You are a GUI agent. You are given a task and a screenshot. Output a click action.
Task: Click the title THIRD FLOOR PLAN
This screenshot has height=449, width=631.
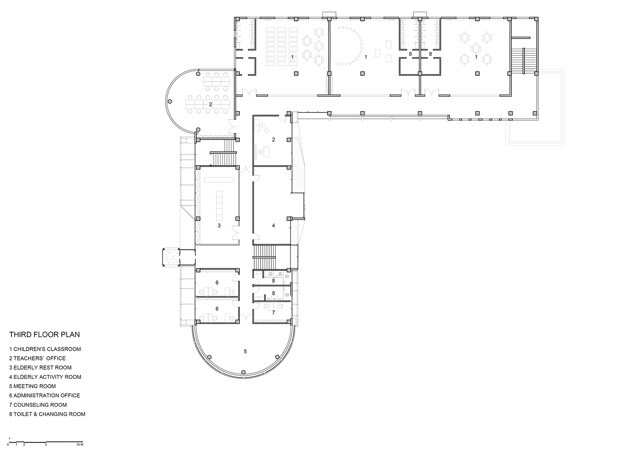pos(44,335)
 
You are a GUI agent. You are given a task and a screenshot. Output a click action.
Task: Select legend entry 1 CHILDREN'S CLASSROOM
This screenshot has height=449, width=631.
pos(45,349)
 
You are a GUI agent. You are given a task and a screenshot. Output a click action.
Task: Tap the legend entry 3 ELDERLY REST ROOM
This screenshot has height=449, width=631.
pos(40,368)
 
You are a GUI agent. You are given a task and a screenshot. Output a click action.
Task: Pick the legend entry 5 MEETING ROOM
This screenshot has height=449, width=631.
pos(33,386)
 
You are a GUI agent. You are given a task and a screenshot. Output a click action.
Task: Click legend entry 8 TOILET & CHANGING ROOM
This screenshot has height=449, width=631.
pos(48,414)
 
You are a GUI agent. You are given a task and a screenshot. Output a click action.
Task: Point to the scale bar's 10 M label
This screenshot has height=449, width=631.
pos(79,444)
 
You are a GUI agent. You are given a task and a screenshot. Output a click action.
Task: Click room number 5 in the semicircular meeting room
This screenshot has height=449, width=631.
pos(245,351)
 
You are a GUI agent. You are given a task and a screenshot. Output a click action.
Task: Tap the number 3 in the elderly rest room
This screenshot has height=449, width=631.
pos(219,225)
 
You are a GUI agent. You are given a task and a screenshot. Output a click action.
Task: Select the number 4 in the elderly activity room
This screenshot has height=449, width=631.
pos(274,225)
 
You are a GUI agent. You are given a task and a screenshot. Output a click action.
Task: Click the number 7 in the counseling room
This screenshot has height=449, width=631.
pos(274,312)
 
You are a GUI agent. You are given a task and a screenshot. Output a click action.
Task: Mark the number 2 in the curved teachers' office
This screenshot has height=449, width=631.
pos(210,104)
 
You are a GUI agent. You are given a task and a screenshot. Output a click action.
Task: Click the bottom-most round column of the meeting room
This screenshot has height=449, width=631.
pos(243,372)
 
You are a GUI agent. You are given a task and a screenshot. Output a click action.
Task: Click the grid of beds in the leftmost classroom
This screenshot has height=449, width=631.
pos(281,46)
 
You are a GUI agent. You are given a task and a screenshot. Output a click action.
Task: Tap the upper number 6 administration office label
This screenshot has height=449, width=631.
pos(217,283)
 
